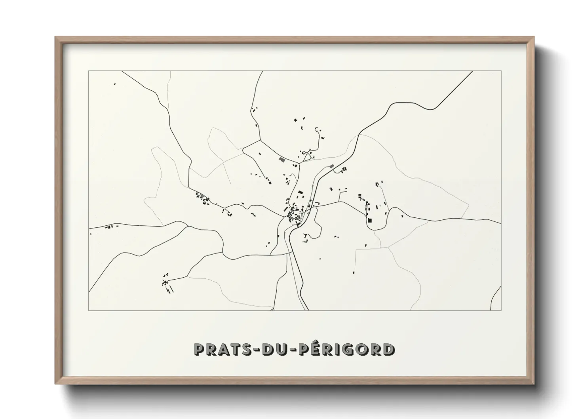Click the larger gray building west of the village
(x=282, y=160)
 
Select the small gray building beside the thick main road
(x=332, y=166)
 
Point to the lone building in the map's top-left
(x=114, y=84)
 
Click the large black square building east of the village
(x=370, y=220)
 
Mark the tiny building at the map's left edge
(x=91, y=234)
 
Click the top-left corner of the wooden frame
(x=56, y=37)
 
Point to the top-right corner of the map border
(x=501, y=71)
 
